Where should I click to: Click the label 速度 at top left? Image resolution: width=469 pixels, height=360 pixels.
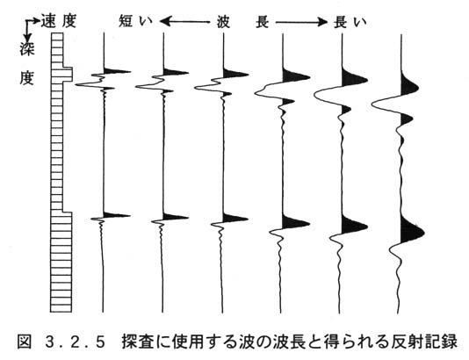point(59,21)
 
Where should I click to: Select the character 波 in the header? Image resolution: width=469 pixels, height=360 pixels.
point(223,22)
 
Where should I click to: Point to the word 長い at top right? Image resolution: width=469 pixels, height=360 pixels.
point(350,22)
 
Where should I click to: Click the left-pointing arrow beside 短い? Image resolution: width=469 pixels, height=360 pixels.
point(184,22)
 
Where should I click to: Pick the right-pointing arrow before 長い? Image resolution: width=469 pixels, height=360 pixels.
point(301,22)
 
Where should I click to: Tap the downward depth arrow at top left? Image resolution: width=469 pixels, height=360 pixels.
point(28,32)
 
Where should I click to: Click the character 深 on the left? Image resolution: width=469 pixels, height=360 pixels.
point(27,49)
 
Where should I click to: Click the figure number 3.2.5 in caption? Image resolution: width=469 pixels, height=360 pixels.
point(76,342)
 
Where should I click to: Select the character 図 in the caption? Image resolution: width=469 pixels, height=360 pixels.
point(25,342)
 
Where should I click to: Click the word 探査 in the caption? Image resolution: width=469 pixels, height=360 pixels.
point(136,342)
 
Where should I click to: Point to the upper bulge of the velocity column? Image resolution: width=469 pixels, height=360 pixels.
point(68,75)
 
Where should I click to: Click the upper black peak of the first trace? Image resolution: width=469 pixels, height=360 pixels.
point(115,71)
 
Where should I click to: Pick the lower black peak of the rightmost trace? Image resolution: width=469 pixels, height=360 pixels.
point(411,231)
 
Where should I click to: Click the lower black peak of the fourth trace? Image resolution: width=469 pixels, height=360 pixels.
point(294,223)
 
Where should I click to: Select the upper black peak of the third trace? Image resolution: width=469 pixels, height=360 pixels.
point(234,74)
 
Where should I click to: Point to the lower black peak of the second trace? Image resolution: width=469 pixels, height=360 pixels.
point(174,217)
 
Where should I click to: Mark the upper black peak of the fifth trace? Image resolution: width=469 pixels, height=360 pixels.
point(353,78)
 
